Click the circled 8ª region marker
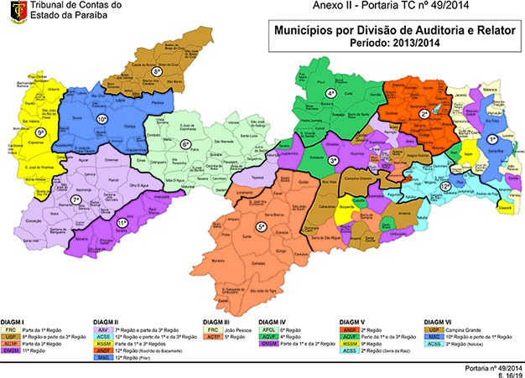157,73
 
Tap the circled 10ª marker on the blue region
102,120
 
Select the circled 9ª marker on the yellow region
40,132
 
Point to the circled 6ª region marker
185,144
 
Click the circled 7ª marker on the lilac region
75,200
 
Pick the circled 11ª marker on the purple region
122,222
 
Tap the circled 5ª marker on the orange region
262,226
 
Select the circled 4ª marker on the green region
331,92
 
